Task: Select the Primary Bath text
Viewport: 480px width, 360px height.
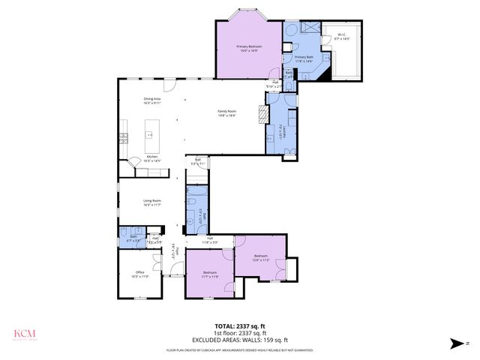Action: [303, 58]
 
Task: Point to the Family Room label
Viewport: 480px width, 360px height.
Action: [227, 113]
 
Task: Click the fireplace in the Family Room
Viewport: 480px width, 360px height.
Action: [262, 114]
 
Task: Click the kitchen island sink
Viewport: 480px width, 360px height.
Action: [149, 135]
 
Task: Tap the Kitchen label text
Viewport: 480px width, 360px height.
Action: [152, 158]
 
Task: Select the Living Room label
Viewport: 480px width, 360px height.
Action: [153, 202]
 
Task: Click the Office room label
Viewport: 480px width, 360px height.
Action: [139, 274]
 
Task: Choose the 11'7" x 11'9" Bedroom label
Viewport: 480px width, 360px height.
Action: [210, 274]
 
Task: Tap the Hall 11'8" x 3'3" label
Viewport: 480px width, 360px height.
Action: [210, 241]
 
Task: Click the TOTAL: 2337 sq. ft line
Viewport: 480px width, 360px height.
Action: [239, 325]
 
